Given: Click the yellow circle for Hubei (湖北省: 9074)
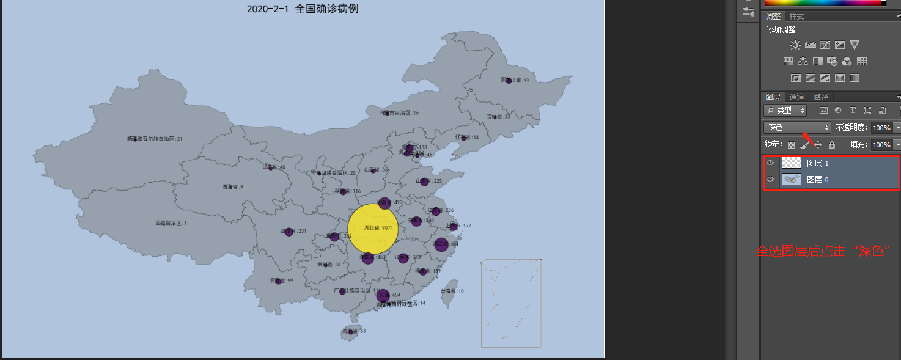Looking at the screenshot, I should [373, 229].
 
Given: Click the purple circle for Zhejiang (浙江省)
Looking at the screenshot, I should [441, 244].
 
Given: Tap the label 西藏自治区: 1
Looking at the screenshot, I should [171, 223].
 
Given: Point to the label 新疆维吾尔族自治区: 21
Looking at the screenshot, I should [155, 139].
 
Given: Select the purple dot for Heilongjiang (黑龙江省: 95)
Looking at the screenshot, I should [509, 81].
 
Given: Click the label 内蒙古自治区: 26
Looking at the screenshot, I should [399, 113].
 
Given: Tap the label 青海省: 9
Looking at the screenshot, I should [232, 186].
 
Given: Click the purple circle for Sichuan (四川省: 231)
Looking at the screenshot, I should [289, 232].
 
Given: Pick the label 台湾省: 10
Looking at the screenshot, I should [452, 292].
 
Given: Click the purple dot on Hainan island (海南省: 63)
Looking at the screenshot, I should [350, 331].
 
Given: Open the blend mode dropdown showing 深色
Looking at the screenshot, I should [796, 128].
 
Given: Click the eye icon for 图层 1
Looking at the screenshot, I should [770, 163].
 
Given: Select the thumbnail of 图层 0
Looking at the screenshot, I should [791, 179].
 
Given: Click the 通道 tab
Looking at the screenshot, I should [796, 97].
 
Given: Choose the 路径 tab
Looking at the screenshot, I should [821, 97].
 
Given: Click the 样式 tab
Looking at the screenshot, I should [796, 17].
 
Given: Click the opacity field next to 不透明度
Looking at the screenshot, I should [881, 128].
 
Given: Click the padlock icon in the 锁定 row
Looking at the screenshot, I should [832, 145].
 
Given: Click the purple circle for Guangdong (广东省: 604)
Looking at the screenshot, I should [383, 296].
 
